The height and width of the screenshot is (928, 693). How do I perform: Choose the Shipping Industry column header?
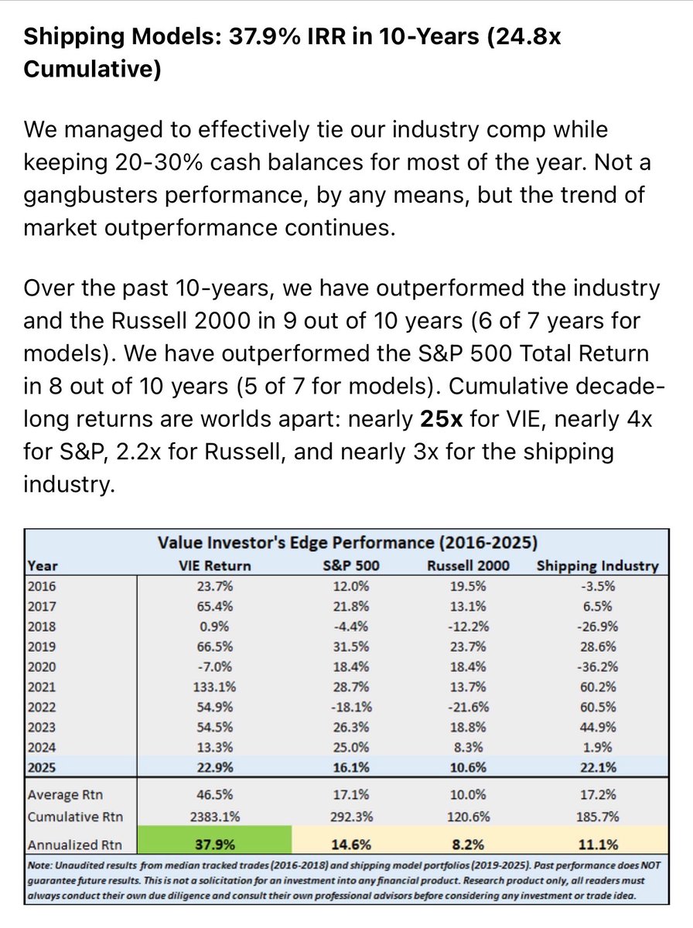pos(597,565)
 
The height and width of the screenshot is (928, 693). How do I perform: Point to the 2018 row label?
pos(43,626)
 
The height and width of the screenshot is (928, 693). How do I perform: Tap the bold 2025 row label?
pos(43,767)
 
